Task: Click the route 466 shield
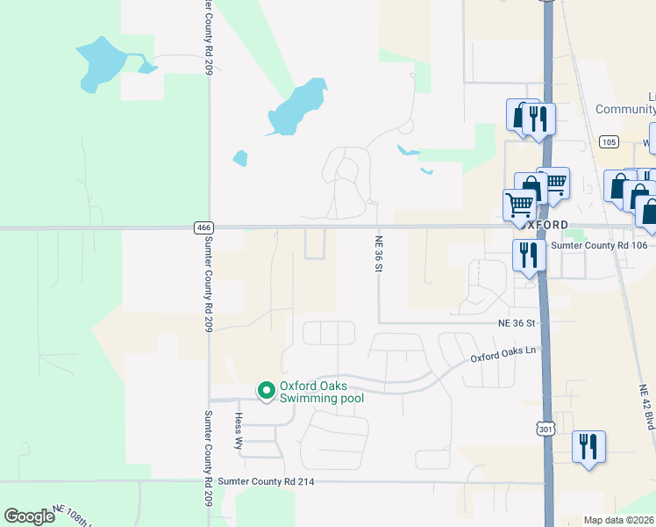point(203,227)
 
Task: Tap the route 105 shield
point(610,141)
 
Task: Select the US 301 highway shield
point(546,429)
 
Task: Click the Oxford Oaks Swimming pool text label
point(321,392)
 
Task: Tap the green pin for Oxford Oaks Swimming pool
point(266,390)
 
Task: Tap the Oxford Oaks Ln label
point(503,354)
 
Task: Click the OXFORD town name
point(545,224)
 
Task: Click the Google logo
point(28,516)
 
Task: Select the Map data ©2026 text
point(619,520)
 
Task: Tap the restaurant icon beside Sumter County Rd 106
point(527,256)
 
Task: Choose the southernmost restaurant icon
point(588,446)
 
